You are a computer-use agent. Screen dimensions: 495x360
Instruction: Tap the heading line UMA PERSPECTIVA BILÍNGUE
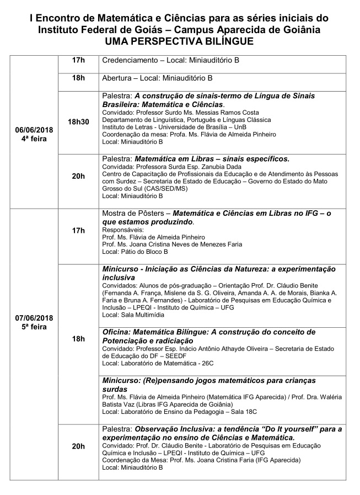pos(180,42)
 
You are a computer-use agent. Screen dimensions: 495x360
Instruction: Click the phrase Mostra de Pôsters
pos(135,214)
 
